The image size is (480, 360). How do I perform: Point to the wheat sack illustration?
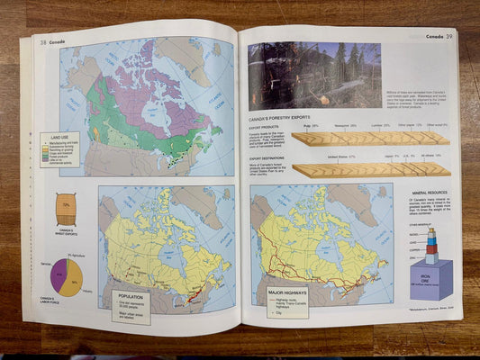tap(66, 210)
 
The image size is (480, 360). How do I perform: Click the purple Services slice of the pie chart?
tap(59, 275)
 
